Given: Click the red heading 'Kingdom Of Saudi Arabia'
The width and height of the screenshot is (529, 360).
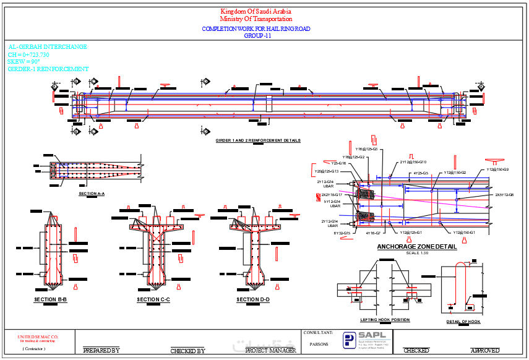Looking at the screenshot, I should click(256, 12).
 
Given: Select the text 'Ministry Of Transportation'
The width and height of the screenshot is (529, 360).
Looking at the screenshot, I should click(256, 20).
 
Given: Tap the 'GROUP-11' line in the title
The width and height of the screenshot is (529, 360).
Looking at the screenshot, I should click(256, 36).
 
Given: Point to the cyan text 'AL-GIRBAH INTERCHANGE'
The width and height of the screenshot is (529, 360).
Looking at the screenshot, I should click(48, 47).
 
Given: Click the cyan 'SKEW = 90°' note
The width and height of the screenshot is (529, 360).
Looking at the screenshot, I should click(24, 62).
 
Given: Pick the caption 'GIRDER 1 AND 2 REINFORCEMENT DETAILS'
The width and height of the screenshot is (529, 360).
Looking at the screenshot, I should click(258, 141).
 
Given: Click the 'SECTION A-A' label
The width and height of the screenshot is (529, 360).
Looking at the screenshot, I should click(92, 194).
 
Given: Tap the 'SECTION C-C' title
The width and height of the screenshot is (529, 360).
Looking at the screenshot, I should click(153, 300).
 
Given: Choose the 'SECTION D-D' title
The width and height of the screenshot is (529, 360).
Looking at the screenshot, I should click(252, 300).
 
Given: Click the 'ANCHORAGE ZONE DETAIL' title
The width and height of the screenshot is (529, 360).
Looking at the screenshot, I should click(416, 247).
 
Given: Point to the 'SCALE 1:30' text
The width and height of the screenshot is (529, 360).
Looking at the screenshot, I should click(416, 253).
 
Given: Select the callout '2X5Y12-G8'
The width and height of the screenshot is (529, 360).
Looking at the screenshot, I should click(504, 195).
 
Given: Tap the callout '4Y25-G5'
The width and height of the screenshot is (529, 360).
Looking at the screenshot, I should click(421, 173).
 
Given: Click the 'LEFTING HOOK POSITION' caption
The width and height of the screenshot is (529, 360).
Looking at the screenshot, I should click(384, 320).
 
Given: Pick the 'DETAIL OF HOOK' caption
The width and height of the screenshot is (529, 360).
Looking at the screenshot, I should click(463, 322).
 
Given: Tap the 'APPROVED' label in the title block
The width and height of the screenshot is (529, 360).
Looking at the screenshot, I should click(484, 351).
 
